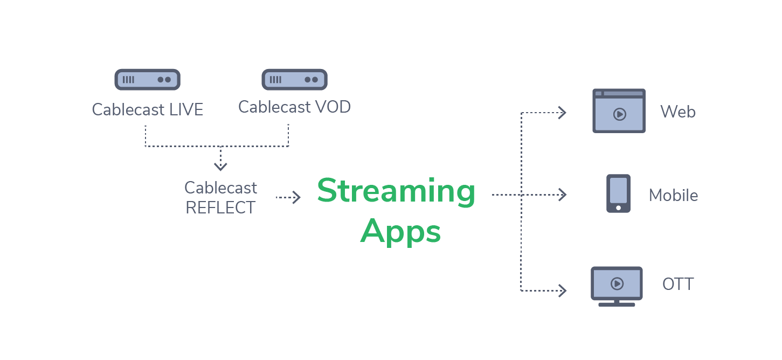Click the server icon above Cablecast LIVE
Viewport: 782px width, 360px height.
147,79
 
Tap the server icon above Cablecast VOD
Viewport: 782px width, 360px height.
294,79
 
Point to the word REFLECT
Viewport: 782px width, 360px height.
220,207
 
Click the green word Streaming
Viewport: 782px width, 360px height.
396,191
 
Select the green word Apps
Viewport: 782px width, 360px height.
400,232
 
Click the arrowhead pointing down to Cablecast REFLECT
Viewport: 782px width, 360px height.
220,166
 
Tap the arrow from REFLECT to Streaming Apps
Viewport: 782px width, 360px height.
288,198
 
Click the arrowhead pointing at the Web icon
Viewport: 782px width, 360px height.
562,113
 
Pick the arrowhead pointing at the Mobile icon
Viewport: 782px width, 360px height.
562,195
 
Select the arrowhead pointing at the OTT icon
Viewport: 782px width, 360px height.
562,290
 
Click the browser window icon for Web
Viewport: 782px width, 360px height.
619,110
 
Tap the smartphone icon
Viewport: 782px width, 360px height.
618,193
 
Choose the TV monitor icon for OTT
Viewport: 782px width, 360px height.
617,286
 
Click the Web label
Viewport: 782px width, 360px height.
678,112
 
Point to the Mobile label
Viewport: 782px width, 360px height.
673,195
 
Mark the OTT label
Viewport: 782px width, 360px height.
677,284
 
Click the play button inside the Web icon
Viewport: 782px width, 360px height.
619,114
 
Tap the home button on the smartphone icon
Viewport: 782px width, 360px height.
618,207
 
